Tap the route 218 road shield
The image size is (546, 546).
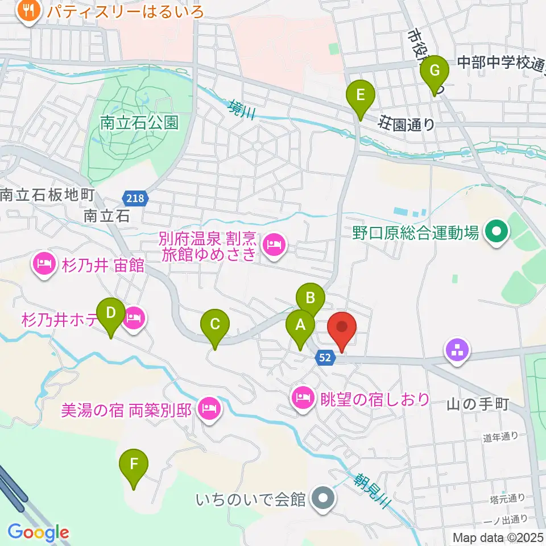pyautogui.click(x=135, y=198)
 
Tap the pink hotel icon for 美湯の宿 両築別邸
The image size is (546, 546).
pyautogui.click(x=209, y=407)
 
